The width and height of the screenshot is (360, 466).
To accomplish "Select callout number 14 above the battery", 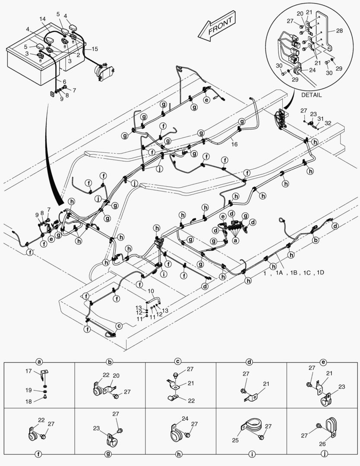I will coord(42,19).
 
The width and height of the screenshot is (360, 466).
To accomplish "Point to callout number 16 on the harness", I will coord(234,144).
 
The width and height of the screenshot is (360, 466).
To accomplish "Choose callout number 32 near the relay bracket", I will coord(328,123).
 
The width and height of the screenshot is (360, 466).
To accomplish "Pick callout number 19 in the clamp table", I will coord(28,390).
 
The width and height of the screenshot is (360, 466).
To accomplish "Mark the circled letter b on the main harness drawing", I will coord(316,239).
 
